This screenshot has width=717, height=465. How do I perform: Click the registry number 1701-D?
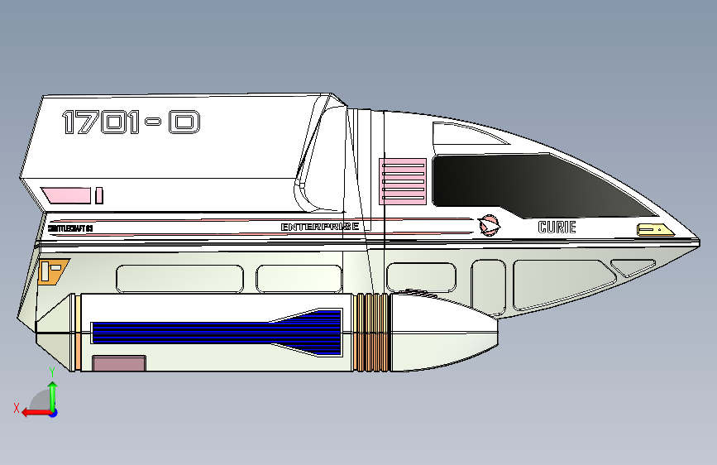pyautogui.click(x=131, y=123)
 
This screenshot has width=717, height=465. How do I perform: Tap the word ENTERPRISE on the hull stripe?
pyautogui.click(x=319, y=227)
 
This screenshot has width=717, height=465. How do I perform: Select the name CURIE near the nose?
pyautogui.click(x=557, y=227)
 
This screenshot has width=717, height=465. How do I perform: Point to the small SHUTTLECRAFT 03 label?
pyautogui.click(x=70, y=228)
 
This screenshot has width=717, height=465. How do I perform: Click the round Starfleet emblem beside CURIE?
pyautogui.click(x=489, y=224)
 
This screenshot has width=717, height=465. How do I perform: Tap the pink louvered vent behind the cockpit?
pyautogui.click(x=402, y=181)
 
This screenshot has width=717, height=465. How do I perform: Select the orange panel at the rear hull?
pyautogui.click(x=53, y=270)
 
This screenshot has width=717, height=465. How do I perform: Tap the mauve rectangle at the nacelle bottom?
pyautogui.click(x=119, y=363)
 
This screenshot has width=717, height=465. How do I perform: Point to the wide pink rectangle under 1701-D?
pyautogui.click(x=67, y=195)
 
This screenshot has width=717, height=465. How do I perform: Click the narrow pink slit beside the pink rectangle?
pyautogui.click(x=99, y=195)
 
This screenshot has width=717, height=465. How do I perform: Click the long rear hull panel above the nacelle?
pyautogui.click(x=179, y=278)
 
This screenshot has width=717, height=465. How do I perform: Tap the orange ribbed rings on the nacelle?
pyautogui.click(x=371, y=333)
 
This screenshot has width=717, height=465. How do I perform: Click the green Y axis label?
pyautogui.click(x=51, y=372)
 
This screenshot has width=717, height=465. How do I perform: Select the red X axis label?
pyautogui.click(x=16, y=407)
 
